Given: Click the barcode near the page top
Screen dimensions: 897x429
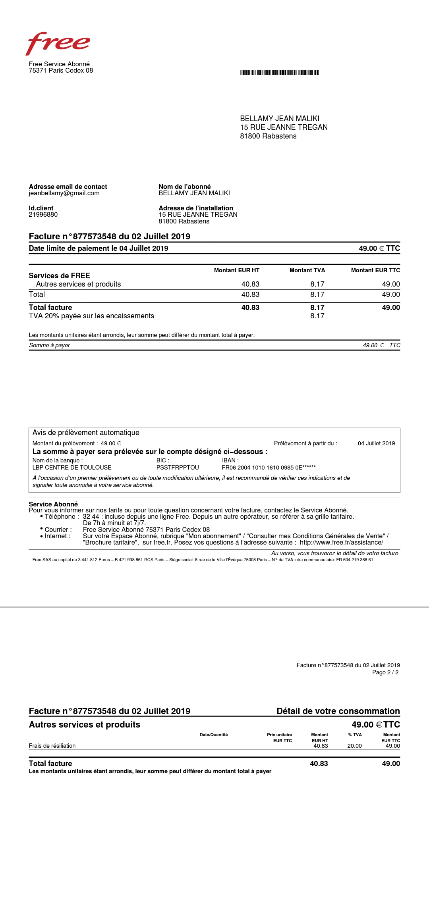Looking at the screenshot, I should (x=279, y=72).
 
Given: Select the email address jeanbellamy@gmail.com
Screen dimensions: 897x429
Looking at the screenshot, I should (x=64, y=193).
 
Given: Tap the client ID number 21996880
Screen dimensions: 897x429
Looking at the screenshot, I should (x=43, y=215).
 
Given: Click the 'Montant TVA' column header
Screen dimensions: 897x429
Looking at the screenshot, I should (x=307, y=270).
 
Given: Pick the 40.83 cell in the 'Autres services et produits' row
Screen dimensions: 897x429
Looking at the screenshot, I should (x=250, y=284).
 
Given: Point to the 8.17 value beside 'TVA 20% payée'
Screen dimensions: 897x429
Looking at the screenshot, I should (x=317, y=316).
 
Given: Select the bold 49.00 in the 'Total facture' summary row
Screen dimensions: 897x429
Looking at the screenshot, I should (x=390, y=308).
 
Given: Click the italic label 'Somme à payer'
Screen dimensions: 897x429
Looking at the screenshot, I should (x=49, y=345).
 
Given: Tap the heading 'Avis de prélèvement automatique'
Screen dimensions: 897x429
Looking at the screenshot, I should (x=86, y=433).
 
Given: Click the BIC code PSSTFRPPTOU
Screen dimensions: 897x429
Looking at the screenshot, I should (x=178, y=468).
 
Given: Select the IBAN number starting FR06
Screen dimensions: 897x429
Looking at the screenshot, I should (x=269, y=468).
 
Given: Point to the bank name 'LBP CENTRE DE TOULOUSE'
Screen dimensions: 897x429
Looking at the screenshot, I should (x=72, y=468).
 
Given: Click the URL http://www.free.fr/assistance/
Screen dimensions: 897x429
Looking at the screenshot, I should (x=341, y=543).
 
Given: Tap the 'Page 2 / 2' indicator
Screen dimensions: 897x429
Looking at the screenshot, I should (x=385, y=672).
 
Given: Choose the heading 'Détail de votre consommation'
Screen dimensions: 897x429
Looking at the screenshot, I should (x=338, y=711).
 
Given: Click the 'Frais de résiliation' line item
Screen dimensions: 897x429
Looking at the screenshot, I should (x=52, y=746).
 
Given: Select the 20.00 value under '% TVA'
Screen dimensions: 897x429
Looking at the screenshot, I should (x=354, y=746).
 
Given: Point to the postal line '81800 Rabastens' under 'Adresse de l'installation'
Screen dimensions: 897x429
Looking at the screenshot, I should (x=184, y=221).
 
